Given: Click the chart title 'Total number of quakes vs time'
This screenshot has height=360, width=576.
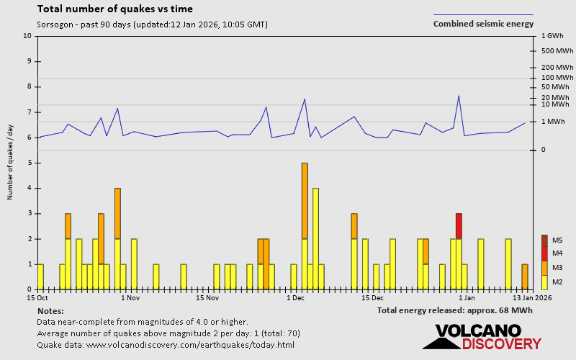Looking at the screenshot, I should point(114,9).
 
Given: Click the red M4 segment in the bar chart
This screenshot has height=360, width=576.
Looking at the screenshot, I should point(459,225).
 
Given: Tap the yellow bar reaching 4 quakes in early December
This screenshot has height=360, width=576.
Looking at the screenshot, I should point(315,238).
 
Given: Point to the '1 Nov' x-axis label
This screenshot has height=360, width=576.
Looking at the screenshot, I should point(130,297).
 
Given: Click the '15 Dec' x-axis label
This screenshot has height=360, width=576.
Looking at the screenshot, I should point(372,297).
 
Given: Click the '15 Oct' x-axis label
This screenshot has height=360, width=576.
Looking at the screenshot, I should point(37,297).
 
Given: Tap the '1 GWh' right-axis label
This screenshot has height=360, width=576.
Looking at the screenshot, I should point(551,35).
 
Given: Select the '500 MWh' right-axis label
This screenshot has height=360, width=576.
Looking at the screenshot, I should point(557,51).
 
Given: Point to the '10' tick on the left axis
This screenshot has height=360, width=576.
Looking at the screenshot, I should point(27,35).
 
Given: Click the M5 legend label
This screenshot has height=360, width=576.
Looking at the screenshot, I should point(557,240).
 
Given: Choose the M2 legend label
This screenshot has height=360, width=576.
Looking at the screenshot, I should point(557,282).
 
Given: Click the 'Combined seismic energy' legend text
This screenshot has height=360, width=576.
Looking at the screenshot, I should point(483,24).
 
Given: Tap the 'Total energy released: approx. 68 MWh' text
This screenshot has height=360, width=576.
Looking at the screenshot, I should point(454,310).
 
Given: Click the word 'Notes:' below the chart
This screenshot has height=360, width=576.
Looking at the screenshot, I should point(50,310).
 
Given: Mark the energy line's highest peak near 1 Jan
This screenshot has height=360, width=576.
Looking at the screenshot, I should point(459,96).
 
